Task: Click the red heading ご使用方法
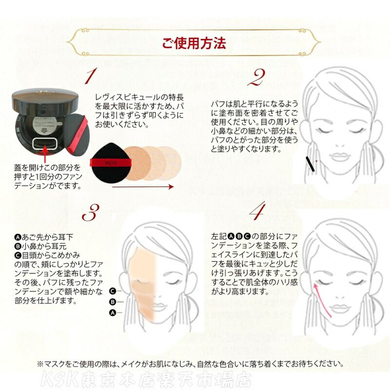194,43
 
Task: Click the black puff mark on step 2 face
310,164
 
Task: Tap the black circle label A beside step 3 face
113,313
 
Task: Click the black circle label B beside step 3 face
113,302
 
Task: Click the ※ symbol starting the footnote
40,364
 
